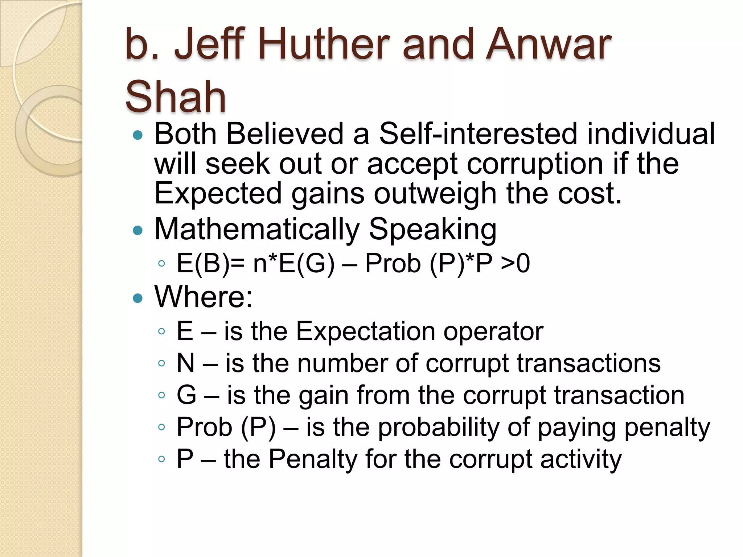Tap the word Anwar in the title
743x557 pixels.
tap(549, 44)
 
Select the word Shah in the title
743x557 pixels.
tap(176, 96)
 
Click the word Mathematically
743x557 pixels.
tap(257, 230)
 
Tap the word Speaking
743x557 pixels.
tap(432, 230)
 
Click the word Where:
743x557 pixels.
tap(203, 297)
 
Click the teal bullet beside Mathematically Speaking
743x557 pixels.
tap(138, 230)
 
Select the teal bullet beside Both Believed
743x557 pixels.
tap(138, 135)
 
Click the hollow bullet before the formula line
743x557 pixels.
tap(162, 264)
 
